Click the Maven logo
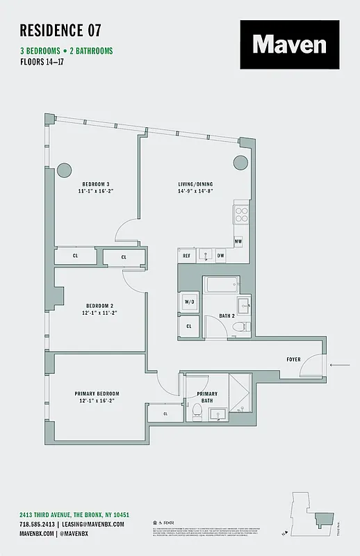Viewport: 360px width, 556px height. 290,44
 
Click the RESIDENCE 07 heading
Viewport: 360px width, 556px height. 60,30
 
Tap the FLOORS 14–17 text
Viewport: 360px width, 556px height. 50,62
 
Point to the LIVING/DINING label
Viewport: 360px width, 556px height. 195,186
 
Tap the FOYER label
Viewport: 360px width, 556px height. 293,359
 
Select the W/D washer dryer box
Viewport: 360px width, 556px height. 188,302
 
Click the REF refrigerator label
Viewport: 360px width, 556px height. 186,256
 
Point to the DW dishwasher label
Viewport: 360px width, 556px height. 220,256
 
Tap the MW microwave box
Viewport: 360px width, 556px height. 238,241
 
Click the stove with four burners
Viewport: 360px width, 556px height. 241,213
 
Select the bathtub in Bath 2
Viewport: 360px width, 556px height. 221,284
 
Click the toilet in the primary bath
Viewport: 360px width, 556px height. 196,413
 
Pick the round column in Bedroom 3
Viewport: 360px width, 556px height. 64,170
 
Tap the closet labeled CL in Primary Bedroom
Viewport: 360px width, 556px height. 165,414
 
